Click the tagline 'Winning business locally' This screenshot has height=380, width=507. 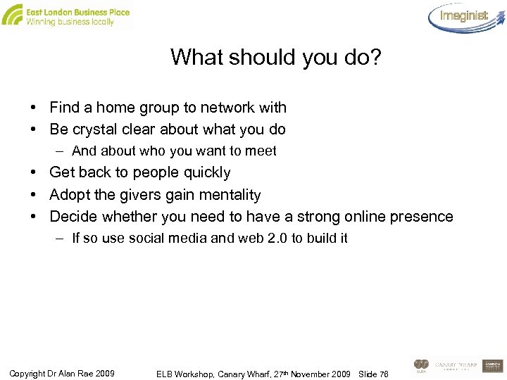(x=69, y=22)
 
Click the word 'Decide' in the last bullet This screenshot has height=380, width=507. (x=73, y=216)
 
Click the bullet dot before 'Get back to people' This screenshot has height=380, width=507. (x=34, y=172)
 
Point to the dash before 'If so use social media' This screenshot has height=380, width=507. (x=62, y=238)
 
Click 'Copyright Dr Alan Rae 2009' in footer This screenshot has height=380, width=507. (x=63, y=372)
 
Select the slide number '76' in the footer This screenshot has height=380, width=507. (x=383, y=372)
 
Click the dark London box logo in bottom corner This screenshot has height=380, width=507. (x=494, y=365)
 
